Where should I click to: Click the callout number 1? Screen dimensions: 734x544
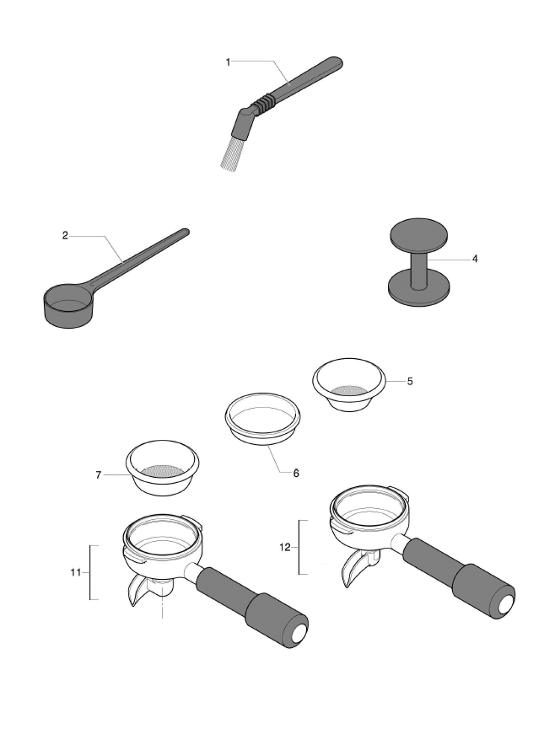click(227, 61)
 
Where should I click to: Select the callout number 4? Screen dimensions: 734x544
click(475, 259)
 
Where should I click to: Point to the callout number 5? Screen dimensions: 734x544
click(409, 381)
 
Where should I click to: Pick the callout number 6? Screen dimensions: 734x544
click(296, 473)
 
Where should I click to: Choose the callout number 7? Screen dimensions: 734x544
click(99, 475)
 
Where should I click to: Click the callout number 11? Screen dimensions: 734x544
click(74, 572)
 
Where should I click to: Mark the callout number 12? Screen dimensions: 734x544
click(285, 547)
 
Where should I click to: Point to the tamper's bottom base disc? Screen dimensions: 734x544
click(417, 289)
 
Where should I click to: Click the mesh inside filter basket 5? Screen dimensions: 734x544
click(348, 390)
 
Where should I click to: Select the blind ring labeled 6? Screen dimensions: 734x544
click(262, 416)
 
